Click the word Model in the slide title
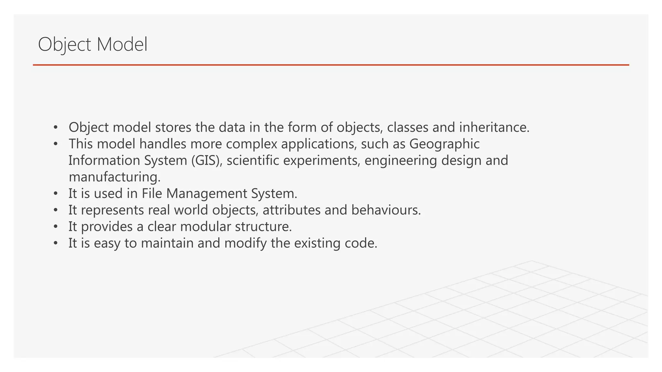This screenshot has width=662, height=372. click(122, 44)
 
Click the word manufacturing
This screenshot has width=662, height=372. click(114, 177)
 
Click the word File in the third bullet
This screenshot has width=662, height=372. click(152, 193)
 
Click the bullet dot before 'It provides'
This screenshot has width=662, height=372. click(56, 227)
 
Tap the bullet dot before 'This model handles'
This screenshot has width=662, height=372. click(56, 144)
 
